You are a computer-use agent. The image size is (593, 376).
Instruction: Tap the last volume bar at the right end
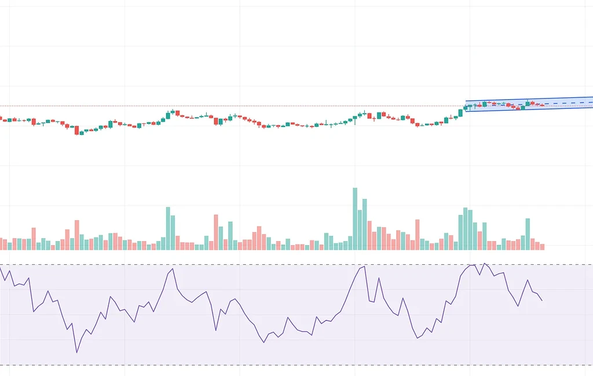[542, 246]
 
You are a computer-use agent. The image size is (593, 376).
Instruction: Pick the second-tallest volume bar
[364, 224]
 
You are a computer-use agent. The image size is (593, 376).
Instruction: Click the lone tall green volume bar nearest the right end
[528, 233]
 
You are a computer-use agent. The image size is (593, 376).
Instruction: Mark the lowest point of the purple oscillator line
[76, 352]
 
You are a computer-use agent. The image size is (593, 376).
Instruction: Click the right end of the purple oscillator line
[542, 301]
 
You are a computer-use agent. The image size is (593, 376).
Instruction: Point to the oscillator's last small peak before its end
[528, 280]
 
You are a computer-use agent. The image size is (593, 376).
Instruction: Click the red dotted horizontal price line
[232, 106]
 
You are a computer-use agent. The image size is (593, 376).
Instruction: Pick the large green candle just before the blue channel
[461, 112]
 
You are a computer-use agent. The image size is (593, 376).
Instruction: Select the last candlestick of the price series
[542, 105]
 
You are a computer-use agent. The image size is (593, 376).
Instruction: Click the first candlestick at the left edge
[1, 119]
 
